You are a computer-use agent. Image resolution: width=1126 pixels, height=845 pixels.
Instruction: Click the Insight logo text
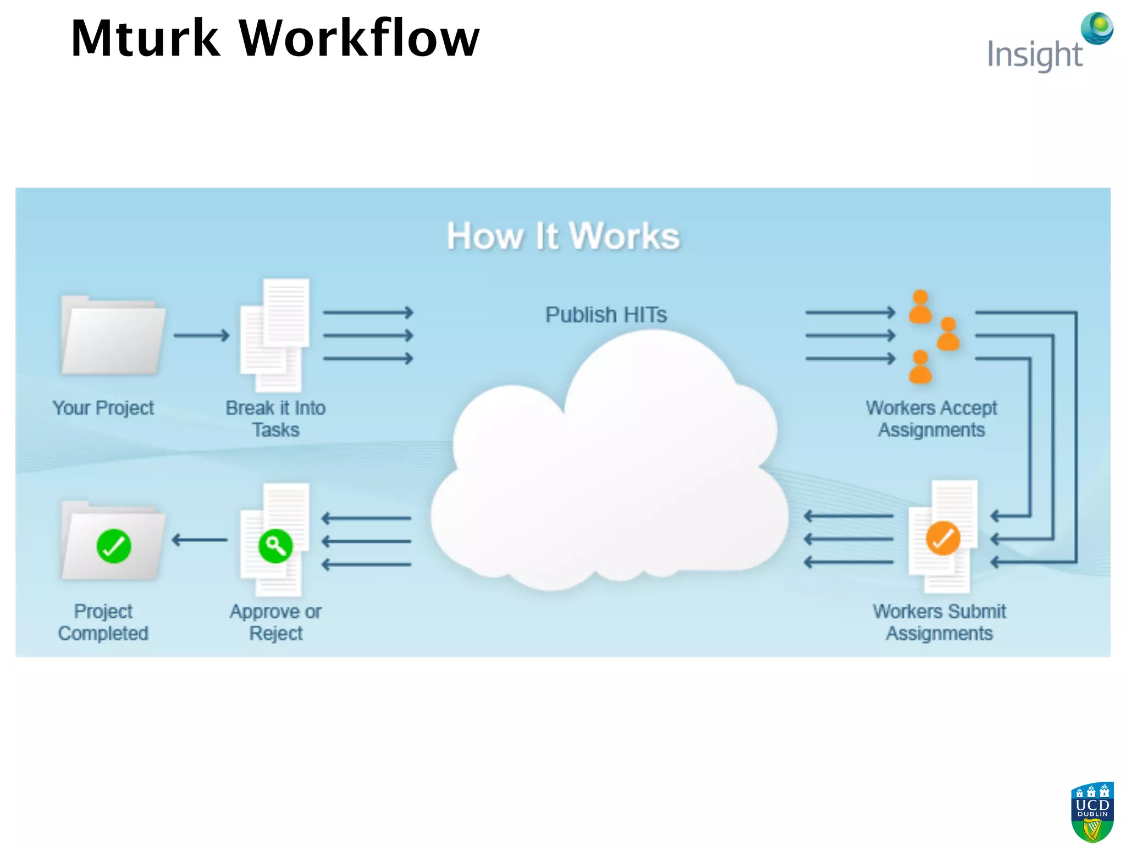(1035, 55)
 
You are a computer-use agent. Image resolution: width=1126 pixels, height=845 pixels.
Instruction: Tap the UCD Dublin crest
(1092, 811)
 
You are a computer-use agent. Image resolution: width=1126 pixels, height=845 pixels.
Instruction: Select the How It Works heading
(563, 237)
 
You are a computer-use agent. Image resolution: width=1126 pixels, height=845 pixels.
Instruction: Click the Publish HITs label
(606, 315)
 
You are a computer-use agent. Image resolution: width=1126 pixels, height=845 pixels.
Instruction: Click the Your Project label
(103, 408)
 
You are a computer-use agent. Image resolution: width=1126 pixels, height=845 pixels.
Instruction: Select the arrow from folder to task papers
(201, 335)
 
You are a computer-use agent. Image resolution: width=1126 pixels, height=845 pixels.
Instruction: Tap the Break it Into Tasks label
(275, 419)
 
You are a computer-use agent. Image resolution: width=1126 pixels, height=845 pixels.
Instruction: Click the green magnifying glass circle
(275, 546)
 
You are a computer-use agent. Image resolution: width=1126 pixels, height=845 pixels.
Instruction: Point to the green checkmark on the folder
(114, 546)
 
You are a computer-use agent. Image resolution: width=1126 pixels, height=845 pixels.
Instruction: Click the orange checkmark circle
(943, 538)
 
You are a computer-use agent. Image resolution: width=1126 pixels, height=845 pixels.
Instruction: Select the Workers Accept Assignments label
(931, 419)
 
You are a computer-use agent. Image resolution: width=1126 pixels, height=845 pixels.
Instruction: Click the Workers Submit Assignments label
(939, 622)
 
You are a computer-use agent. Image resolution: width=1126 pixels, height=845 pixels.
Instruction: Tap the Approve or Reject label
(275, 622)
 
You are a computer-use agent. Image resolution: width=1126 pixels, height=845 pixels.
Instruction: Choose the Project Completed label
(103, 622)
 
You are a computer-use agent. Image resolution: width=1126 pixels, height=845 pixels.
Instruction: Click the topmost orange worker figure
(920, 307)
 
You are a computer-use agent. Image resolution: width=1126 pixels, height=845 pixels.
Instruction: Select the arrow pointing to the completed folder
(199, 540)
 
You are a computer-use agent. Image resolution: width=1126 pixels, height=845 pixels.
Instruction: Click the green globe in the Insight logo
(1097, 28)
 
